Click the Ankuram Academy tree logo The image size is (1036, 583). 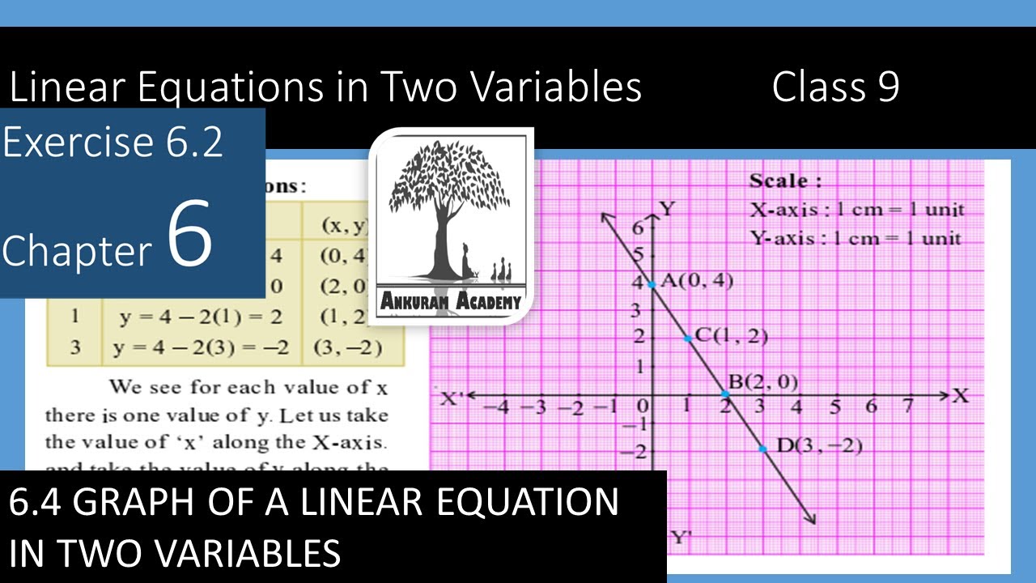[451, 225]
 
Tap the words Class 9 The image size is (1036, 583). [835, 87]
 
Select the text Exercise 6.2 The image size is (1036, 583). [113, 143]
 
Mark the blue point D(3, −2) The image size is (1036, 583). [763, 448]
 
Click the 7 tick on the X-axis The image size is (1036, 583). [909, 406]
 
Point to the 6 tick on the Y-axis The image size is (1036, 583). [638, 228]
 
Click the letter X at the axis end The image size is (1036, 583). [961, 396]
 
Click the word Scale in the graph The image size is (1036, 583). [778, 181]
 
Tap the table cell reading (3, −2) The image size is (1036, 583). [347, 348]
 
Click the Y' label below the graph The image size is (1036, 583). [680, 538]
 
